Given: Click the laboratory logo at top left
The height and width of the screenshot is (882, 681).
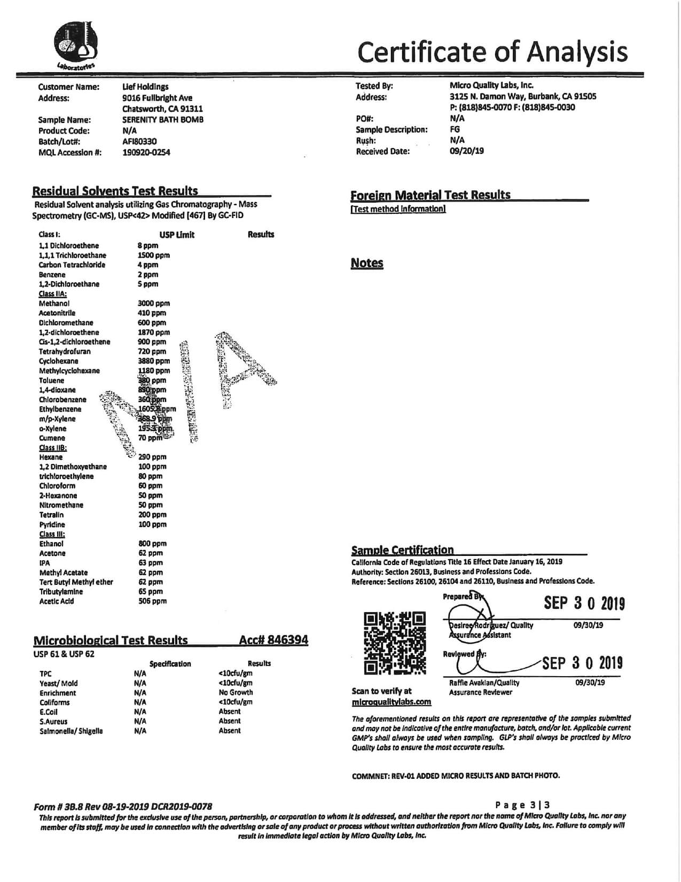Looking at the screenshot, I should point(75,46).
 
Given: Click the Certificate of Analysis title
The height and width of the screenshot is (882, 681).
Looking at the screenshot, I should point(492,52).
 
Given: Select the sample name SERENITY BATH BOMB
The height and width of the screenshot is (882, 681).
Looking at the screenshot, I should point(162,120).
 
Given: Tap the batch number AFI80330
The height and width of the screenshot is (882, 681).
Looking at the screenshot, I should point(139,142).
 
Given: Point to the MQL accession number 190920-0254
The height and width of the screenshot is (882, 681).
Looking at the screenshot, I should point(146,152).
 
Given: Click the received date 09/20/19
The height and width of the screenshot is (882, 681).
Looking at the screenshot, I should point(467,151).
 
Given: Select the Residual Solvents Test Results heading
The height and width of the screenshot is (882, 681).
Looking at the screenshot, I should point(115,191).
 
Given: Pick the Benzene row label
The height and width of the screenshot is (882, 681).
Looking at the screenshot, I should point(53,274).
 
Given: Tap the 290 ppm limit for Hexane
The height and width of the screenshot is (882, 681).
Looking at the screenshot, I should point(152,457).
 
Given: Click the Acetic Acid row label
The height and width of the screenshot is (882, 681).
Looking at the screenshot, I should point(56,601).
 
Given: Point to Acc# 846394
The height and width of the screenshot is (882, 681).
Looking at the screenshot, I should point(273,640).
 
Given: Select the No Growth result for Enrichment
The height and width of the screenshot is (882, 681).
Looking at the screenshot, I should point(236,692).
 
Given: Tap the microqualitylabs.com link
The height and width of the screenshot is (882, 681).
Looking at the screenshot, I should point(392,702).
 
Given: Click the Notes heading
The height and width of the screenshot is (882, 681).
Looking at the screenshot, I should point(367,263).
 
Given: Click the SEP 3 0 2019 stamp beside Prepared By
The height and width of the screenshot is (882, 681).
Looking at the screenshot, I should point(584,604).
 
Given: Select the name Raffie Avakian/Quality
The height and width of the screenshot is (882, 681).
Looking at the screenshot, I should point(484,683).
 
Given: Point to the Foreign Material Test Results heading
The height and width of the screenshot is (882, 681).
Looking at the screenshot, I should point(430,195).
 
